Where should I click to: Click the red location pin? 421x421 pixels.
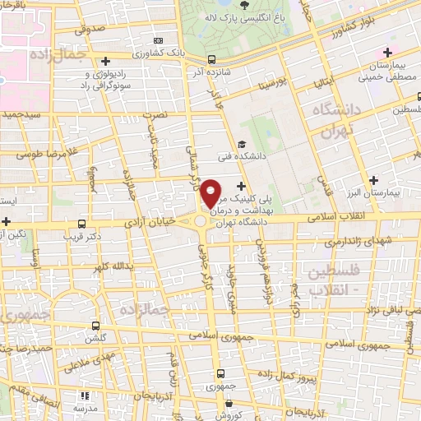click(212, 193)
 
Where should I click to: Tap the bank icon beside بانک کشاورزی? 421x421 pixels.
click(159, 39)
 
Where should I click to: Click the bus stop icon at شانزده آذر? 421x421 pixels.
click(212, 59)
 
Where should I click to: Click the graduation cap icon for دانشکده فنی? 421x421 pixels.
click(241, 145)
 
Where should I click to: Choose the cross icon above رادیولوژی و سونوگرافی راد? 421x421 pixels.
click(105, 60)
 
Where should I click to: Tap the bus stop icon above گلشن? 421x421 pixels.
click(96, 326)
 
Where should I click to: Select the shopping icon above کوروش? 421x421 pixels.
click(229, 402)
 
